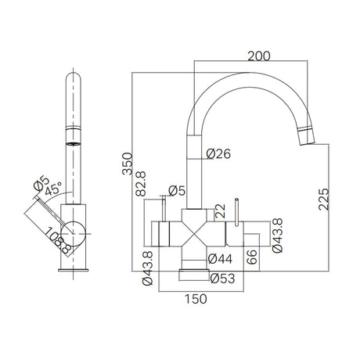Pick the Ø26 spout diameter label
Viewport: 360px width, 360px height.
(x=220, y=155)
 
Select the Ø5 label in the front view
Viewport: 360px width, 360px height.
(x=176, y=190)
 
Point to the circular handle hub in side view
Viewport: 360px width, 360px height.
(x=76, y=232)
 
